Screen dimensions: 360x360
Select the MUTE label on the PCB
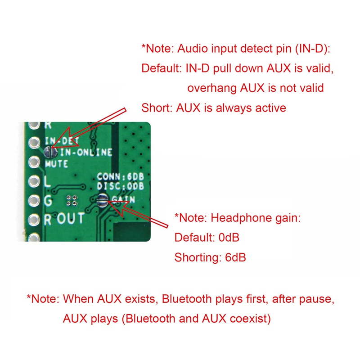(x=56, y=164)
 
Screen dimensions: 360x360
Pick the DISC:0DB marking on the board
(x=120, y=185)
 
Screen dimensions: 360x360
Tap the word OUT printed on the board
(x=70, y=219)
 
